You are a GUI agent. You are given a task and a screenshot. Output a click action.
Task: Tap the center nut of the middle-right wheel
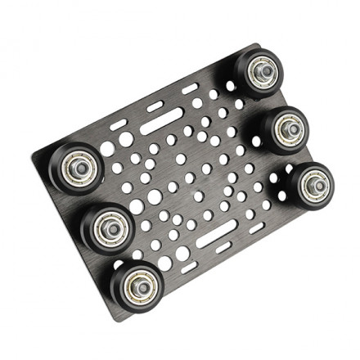(289, 127)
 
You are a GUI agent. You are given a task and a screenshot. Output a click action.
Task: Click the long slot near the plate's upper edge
(160, 126)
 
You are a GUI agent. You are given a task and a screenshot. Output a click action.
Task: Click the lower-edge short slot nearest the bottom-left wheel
(187, 268)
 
